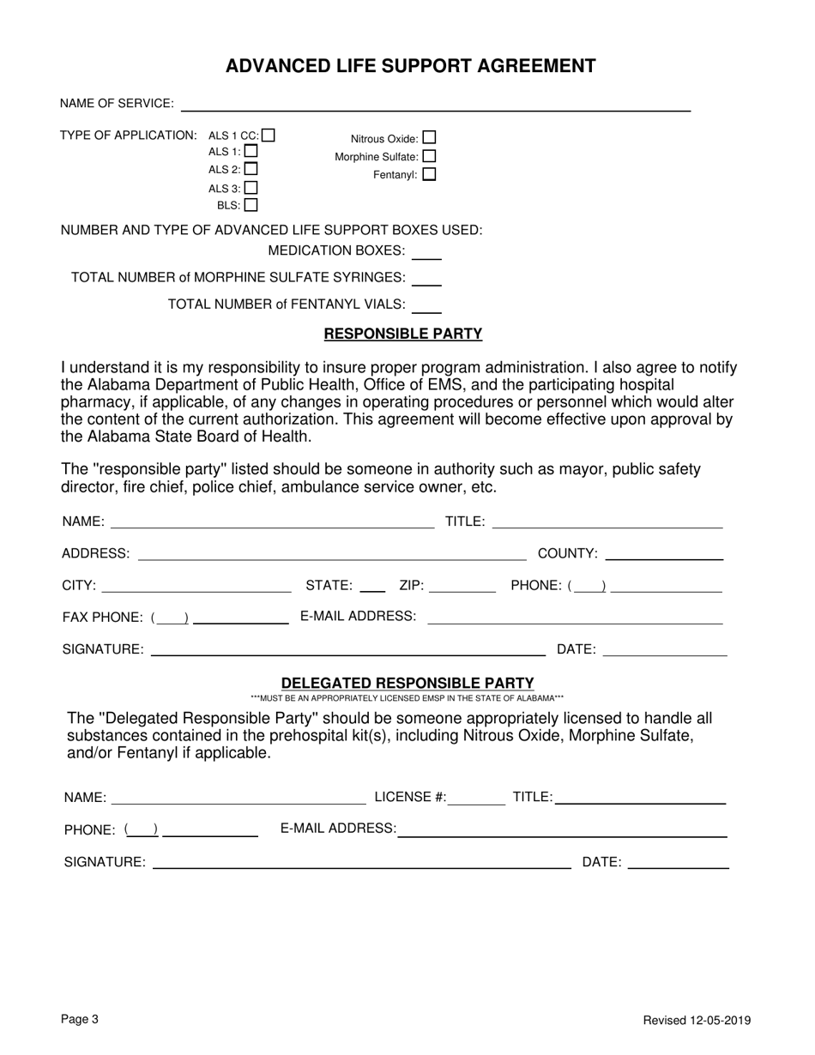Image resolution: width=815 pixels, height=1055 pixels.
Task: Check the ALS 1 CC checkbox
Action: (x=269, y=135)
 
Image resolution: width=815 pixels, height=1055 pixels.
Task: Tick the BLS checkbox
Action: (x=251, y=205)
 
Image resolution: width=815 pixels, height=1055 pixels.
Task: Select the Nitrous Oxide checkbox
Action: (x=429, y=137)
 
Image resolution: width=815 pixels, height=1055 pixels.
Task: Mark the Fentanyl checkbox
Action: (x=429, y=174)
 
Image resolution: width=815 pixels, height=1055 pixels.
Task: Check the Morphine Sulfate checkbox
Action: (x=429, y=156)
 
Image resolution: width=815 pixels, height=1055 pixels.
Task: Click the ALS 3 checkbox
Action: (x=251, y=187)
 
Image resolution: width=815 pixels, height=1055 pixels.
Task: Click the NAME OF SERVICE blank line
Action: (x=435, y=105)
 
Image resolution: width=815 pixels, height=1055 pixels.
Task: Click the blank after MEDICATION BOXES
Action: (x=426, y=252)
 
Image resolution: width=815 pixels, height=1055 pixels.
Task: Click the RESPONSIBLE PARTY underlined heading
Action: (x=402, y=334)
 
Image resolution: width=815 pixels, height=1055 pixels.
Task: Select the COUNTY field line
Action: (x=664, y=554)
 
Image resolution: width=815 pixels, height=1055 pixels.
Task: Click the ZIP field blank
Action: (x=462, y=587)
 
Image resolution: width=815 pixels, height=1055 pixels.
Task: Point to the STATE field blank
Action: (x=372, y=587)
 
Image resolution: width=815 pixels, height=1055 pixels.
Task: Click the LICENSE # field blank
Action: (x=477, y=799)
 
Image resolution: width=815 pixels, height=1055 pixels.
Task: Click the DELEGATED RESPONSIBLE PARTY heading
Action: (x=407, y=683)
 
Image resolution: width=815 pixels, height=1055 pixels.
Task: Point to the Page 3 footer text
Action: (x=80, y=1019)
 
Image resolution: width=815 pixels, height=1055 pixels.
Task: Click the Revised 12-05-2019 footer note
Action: (x=697, y=1020)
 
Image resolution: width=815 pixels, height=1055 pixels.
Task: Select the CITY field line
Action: (x=196, y=587)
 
